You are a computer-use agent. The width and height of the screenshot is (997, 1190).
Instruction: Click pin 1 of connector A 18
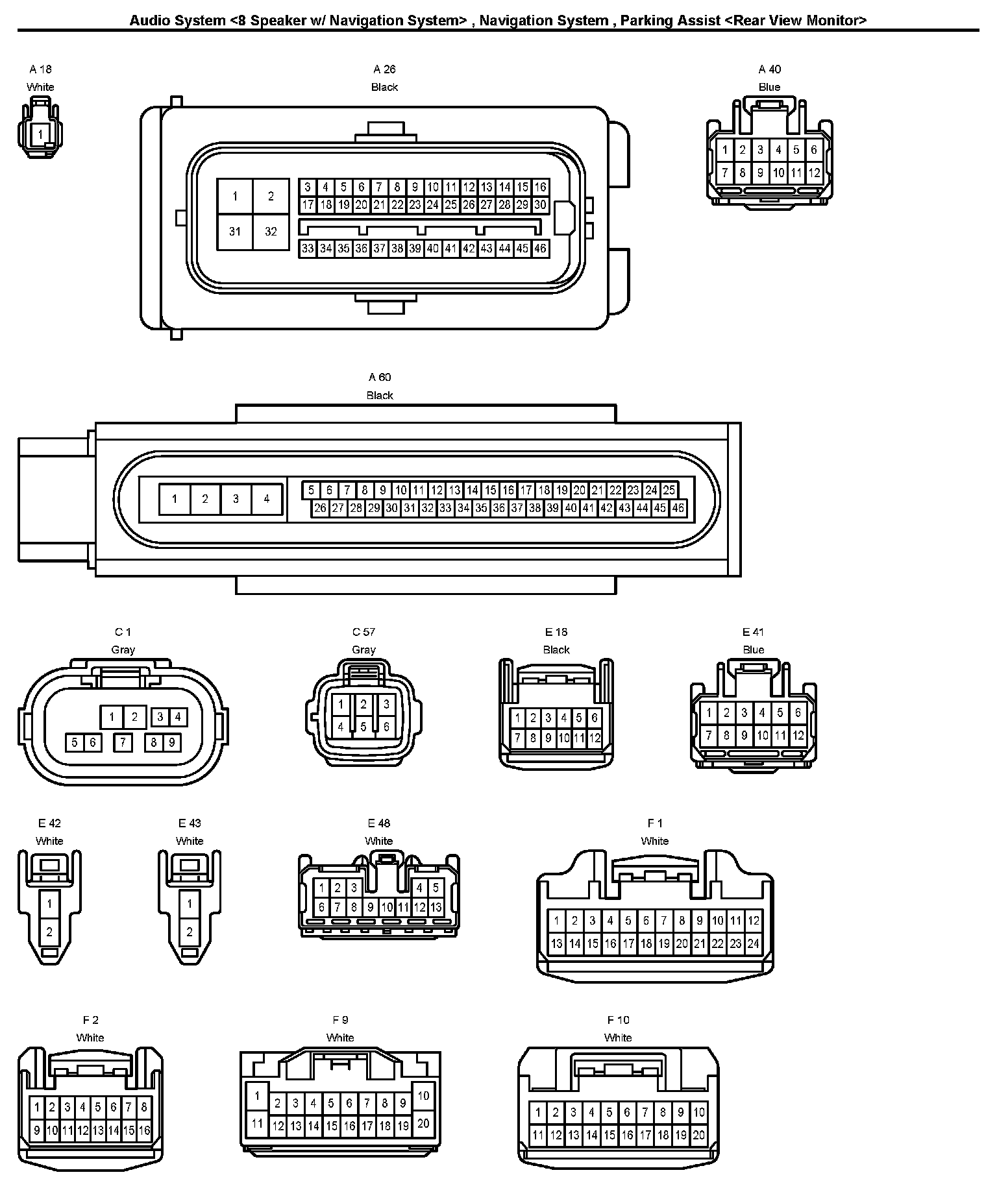coord(40,135)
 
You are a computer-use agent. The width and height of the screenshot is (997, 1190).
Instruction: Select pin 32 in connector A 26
coord(271,231)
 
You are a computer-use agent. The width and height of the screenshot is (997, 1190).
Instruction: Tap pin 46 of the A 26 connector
coord(540,249)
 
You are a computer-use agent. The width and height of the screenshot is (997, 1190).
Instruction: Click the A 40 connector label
coord(770,69)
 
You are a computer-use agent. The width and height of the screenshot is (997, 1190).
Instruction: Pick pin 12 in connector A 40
coord(814,173)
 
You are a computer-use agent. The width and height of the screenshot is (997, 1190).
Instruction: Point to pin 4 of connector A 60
coord(266,499)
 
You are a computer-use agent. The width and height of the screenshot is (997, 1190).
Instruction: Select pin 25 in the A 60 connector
coord(669,491)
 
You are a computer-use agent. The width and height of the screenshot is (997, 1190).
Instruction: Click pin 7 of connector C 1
coord(123,742)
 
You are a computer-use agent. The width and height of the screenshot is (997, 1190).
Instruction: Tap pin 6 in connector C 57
coord(386,727)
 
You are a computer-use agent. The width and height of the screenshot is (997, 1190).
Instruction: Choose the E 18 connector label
coord(556,632)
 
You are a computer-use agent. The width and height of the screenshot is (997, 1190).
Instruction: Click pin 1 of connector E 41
coord(709,712)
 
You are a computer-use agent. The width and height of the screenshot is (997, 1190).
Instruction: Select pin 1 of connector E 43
coord(190,903)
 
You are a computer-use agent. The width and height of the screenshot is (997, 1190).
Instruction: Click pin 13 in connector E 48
coord(436,907)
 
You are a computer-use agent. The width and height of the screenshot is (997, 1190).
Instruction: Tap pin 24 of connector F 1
coord(753,944)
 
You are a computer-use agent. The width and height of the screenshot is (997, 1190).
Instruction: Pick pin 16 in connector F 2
coord(143,1130)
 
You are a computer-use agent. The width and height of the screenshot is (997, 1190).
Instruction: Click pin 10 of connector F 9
coord(423,1096)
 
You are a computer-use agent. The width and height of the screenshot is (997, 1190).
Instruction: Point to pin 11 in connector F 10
coord(537,1135)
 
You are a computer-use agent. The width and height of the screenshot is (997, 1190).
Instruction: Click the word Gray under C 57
coord(363,650)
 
